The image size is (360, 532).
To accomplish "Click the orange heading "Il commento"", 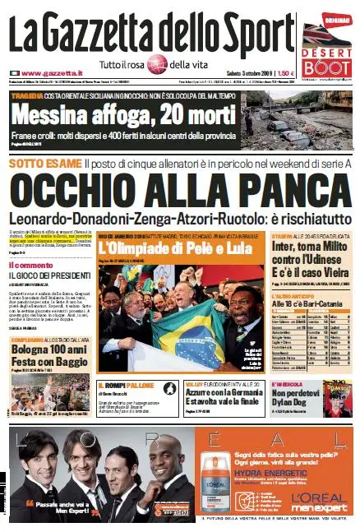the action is click(x=30, y=265).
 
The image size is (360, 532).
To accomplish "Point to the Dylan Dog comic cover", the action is click(x=337, y=395).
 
